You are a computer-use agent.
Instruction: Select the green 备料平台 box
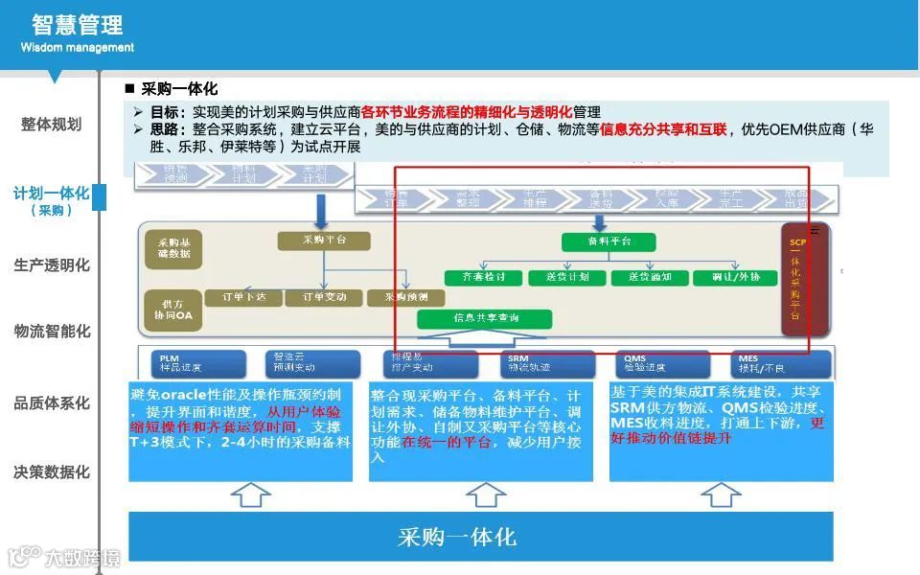609,241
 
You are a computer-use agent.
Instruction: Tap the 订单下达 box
243,297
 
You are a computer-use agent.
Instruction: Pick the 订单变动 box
325,297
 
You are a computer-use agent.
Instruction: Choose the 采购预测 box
406,297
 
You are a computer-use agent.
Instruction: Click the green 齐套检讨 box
484,277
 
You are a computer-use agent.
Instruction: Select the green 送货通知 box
649,277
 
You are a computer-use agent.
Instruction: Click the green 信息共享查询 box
487,317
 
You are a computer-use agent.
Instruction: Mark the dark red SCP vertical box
797,280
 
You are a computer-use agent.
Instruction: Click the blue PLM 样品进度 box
192,362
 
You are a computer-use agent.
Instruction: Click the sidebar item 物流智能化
52,332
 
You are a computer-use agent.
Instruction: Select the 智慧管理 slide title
77,24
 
